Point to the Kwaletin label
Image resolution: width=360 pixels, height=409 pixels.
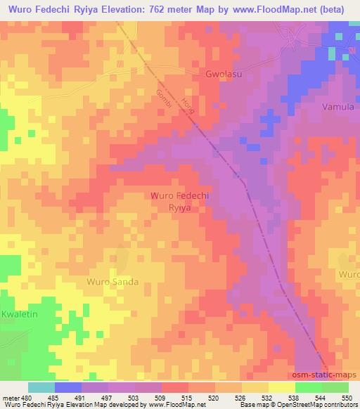tap(16, 315)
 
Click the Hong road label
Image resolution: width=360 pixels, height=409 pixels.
tap(188, 106)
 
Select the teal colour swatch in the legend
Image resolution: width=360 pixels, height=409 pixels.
tap(41, 387)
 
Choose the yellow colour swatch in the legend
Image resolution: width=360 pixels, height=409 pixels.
tap(283, 387)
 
